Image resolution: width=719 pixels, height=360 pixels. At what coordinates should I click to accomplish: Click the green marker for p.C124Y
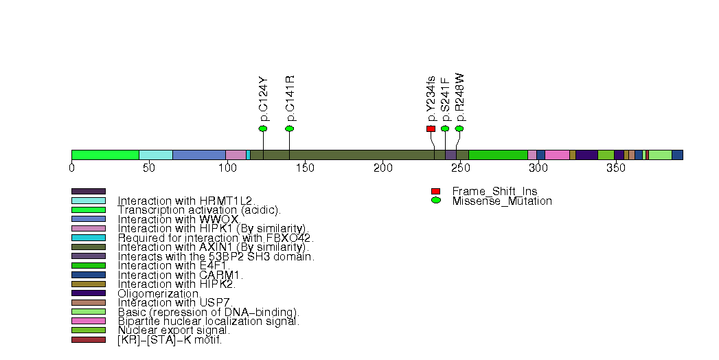click(x=263, y=128)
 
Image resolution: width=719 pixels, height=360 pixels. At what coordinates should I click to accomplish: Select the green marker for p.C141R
click(x=289, y=128)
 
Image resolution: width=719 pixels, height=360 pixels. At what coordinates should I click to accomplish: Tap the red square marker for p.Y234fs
click(x=431, y=128)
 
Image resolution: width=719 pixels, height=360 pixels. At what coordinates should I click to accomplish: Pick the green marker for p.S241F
click(x=445, y=128)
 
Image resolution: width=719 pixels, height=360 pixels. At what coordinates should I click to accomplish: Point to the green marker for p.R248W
click(x=459, y=128)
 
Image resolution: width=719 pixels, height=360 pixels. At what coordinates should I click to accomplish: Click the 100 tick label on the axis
click(x=227, y=168)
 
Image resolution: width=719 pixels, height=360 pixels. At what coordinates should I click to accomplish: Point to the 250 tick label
click(x=460, y=168)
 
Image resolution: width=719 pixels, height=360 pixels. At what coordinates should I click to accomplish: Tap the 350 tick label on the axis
click(x=616, y=168)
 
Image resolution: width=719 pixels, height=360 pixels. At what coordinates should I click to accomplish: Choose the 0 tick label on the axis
click(x=72, y=168)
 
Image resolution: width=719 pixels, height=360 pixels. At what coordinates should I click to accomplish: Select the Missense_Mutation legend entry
click(x=501, y=201)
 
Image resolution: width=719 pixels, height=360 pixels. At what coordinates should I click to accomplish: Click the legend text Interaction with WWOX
click(x=178, y=219)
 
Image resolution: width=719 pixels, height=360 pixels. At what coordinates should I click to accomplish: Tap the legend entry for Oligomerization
click(x=159, y=293)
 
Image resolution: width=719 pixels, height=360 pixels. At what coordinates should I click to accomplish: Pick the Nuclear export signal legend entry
click(x=174, y=330)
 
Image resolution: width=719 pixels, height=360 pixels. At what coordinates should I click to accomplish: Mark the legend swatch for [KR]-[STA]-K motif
click(x=89, y=339)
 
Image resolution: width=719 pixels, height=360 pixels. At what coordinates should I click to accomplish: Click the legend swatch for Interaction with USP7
click(x=89, y=302)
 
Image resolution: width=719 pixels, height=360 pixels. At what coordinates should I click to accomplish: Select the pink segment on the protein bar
click(x=557, y=155)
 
